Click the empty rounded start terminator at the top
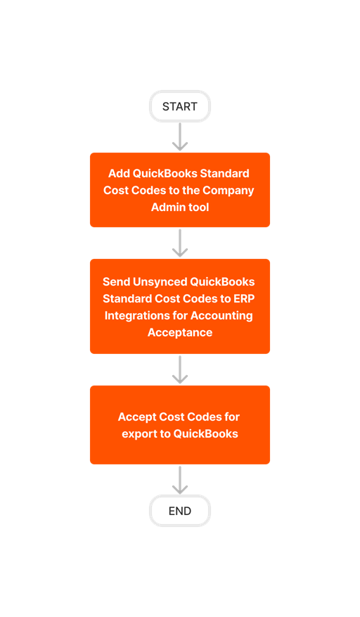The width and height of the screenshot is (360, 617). (180, 106)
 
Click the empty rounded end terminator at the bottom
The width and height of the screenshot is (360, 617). (180, 511)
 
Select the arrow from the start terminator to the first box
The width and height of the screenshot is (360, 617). (180, 136)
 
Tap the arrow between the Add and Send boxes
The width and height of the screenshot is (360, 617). (180, 243)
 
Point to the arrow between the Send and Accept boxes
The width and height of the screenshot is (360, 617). (180, 369)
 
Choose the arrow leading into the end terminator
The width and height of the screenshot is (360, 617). (180, 480)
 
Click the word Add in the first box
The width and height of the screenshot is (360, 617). (119, 173)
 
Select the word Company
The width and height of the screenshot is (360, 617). (229, 190)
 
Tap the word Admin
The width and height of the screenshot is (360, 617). (166, 207)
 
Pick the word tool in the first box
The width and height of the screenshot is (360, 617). (198, 207)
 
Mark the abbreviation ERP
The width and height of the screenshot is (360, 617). (242, 298)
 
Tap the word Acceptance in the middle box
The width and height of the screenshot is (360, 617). (180, 332)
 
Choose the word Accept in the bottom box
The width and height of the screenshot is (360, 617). (136, 416)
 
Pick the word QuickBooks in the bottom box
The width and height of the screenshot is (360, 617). (206, 433)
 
